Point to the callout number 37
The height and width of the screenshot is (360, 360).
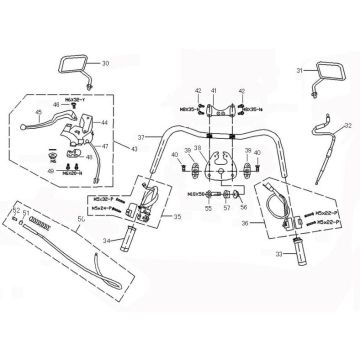143,137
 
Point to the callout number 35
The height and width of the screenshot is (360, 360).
178,213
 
